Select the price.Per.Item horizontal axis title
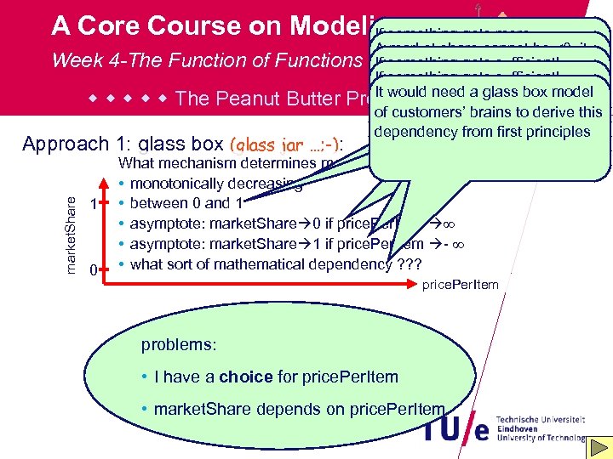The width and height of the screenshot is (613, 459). coord(461,285)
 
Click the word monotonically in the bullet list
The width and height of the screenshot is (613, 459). coord(173,184)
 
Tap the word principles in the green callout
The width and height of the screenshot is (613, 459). coord(559,132)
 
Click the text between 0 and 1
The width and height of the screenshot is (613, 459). coord(180,203)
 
